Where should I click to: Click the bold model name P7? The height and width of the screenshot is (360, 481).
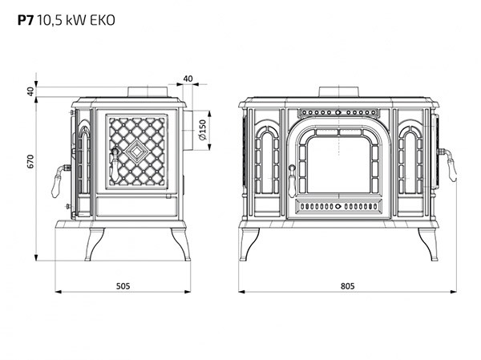26,22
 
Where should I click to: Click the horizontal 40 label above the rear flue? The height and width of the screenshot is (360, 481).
188,79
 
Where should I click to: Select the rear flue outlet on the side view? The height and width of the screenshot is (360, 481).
184,128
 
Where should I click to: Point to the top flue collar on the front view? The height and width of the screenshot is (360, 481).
336,91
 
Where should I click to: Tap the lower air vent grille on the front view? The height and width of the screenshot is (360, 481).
337,206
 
